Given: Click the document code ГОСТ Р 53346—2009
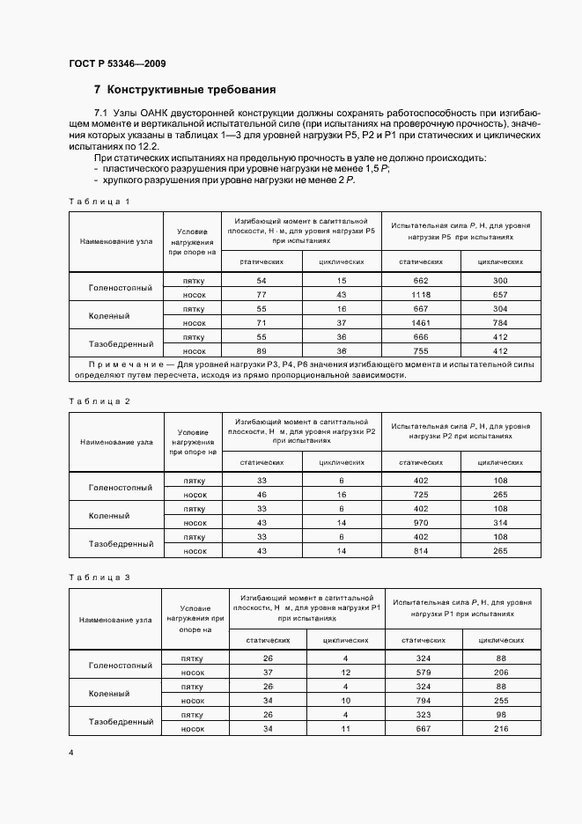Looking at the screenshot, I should coord(116,64).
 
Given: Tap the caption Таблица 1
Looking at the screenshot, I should coord(99,202).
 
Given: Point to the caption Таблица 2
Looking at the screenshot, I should coord(99,401).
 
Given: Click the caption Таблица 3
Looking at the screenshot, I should coord(99,578).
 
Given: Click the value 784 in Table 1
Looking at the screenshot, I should coord(500,322).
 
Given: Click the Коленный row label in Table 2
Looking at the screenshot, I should coord(109,515).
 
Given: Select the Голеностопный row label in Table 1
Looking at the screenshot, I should coord(121,287).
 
